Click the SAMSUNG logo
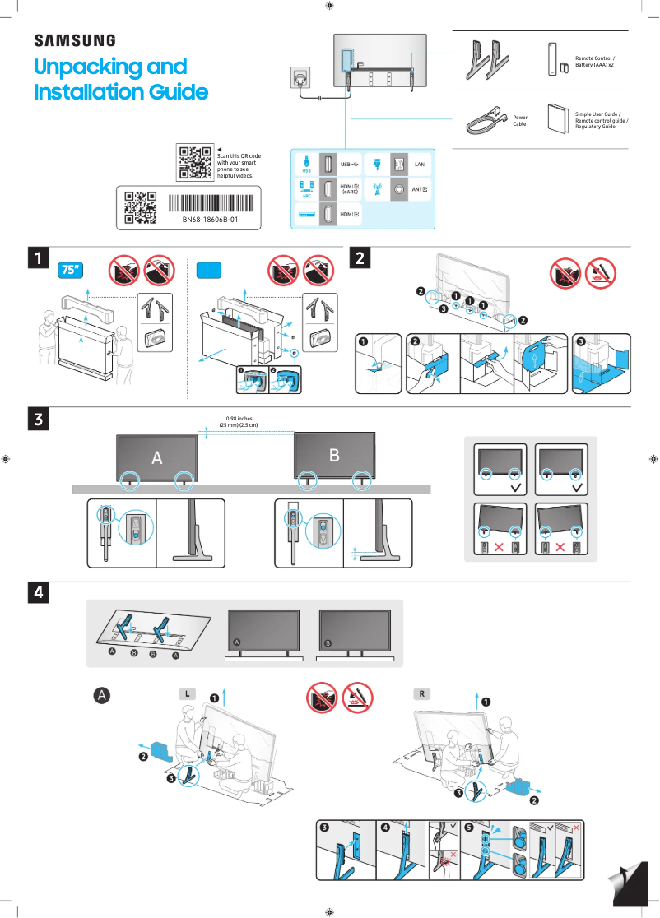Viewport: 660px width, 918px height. point(74,40)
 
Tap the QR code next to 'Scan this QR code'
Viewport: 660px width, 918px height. point(195,162)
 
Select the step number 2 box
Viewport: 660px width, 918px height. point(361,258)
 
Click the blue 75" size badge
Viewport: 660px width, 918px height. point(72,270)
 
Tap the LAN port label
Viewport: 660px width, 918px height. point(419,165)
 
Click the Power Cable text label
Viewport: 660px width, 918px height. point(519,121)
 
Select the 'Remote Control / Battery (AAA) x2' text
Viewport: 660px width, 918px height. point(594,62)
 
